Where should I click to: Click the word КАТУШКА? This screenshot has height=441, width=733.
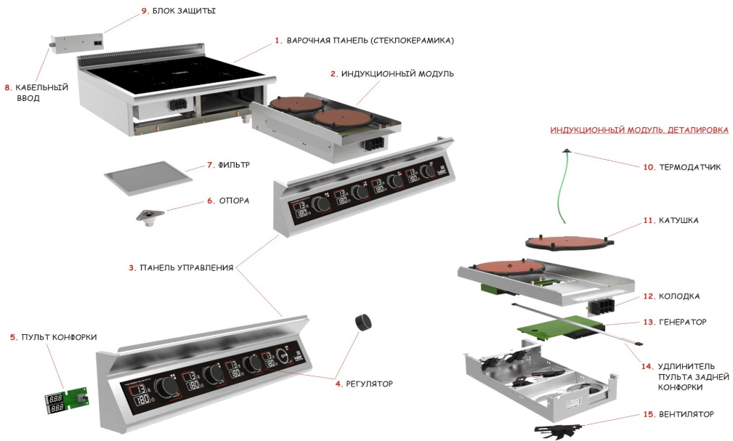point(679,220)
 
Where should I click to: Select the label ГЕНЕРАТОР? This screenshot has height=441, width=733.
point(682,321)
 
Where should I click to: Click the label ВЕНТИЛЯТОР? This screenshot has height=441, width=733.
point(687,414)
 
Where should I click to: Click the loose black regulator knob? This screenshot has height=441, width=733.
point(361,322)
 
